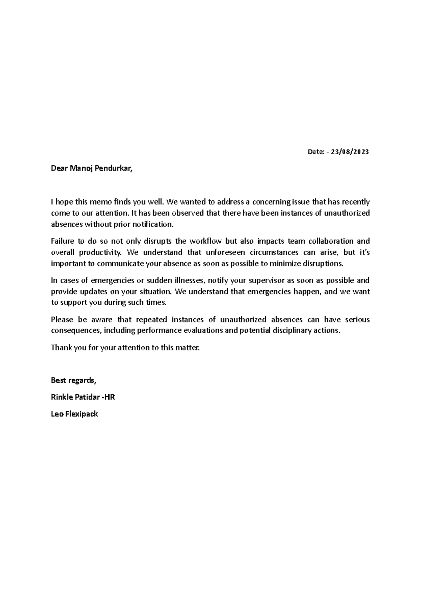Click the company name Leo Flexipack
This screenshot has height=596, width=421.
coord(74,414)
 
